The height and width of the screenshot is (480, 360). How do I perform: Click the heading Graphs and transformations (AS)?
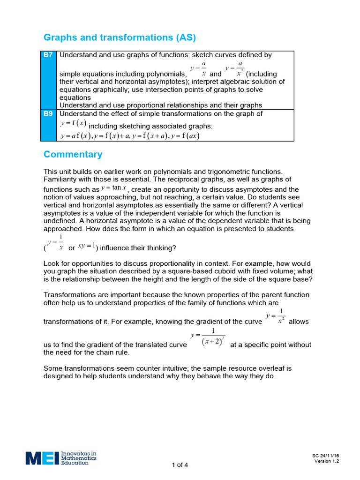coord(120,37)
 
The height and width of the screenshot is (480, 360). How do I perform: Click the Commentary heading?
coord(73,154)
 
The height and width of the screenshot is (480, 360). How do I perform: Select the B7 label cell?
coord(48,55)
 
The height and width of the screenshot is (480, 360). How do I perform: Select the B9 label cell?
coord(48,114)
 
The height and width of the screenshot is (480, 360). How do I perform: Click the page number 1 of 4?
coord(180,465)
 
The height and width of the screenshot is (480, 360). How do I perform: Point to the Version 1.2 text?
coord(326,461)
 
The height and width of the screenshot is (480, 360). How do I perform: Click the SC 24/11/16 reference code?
coord(325,455)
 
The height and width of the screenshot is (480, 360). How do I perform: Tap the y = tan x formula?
coord(114,188)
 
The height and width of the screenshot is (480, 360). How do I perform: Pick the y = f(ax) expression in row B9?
coord(186,136)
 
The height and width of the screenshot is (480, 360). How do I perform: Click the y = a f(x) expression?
coord(75,136)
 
